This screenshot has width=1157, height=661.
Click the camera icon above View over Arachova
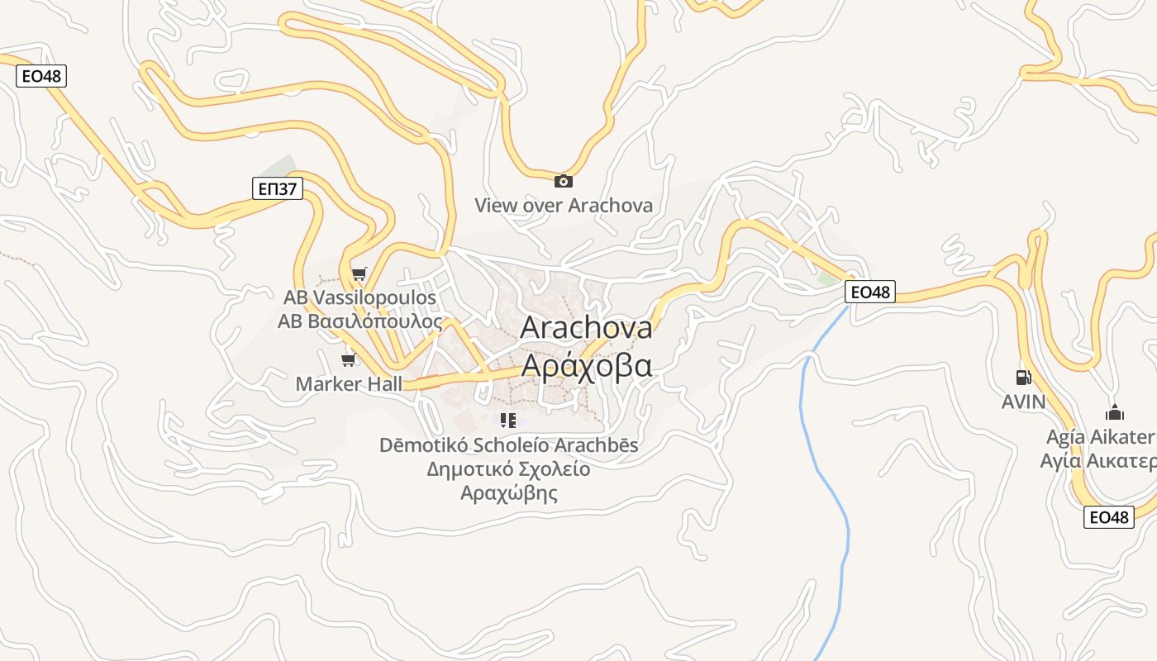pos(564,181)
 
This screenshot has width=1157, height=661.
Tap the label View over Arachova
pos(564,205)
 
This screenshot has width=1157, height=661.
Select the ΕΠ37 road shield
pos(277,188)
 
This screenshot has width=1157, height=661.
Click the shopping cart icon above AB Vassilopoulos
pos(359,273)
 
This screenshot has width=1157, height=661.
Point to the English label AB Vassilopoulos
pos(359,297)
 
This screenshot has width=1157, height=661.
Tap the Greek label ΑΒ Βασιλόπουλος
pos(359,321)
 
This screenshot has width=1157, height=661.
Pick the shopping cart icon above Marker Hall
pos(349,359)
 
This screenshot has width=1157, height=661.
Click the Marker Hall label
pos(349,384)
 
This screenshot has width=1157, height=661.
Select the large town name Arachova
pos(586,328)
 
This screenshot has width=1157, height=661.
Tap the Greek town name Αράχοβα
pos(586,365)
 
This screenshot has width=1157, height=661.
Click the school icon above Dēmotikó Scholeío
pos(508,421)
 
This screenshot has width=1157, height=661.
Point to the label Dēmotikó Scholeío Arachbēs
pos(508,445)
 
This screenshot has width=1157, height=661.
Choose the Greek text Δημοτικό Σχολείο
pos(508,469)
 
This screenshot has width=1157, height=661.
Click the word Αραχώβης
pos(508,494)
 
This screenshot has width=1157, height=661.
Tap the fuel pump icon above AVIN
pos(1023,378)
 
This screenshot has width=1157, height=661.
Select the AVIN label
pos(1023,402)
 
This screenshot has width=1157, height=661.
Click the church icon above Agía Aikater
pos(1114,412)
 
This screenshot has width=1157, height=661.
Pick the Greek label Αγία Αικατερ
pos(1098,461)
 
